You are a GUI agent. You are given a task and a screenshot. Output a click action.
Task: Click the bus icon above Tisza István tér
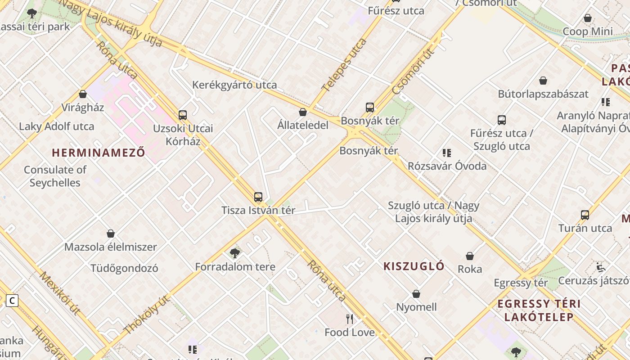258,197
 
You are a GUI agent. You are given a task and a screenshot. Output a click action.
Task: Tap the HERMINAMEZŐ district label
99,153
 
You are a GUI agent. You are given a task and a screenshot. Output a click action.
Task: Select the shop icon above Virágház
83,94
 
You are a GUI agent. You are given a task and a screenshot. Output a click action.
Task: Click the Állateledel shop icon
303,112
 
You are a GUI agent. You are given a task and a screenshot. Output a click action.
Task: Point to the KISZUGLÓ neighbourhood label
414,266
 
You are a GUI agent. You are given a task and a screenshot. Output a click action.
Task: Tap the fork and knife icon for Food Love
350,319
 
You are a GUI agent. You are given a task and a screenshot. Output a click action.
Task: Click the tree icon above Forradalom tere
234,253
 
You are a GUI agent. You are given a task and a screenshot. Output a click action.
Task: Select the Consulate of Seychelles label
55,176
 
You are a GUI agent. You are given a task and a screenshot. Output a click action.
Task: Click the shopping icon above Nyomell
416,294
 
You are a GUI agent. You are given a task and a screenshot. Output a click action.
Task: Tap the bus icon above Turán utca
585,215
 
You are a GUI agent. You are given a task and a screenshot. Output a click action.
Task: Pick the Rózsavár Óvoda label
447,166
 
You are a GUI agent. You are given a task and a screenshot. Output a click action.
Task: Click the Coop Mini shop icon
587,18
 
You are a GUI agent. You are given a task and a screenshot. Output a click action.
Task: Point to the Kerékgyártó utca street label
234,85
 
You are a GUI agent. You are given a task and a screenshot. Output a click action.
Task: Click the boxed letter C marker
12,300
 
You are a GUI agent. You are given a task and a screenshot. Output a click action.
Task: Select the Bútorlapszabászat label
543,94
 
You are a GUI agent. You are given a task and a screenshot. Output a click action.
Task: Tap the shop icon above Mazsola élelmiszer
111,234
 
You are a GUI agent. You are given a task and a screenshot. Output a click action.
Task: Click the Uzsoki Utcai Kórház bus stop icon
183,115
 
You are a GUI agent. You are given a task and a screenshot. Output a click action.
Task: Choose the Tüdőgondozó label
124,268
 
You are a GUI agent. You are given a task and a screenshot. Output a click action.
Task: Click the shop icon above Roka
470,256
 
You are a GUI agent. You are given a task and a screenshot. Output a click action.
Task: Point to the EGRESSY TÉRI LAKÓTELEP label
539,310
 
